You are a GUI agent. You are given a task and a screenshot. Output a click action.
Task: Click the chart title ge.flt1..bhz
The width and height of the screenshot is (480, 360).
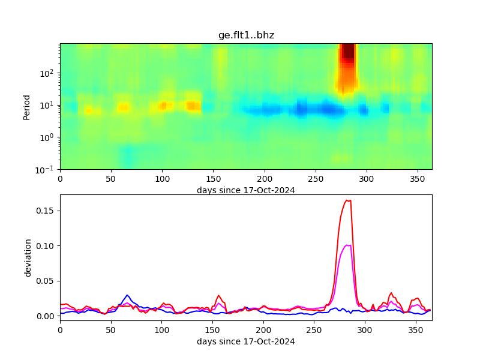(x=246, y=35)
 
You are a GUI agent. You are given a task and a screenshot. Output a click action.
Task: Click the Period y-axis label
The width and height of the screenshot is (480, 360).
(x=26, y=107)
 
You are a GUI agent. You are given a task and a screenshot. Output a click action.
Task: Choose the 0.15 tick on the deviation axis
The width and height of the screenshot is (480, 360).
(x=47, y=211)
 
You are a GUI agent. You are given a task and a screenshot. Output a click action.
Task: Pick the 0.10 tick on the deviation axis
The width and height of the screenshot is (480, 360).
(x=47, y=245)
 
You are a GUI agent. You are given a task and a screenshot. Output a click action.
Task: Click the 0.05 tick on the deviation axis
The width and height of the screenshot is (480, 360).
(x=47, y=281)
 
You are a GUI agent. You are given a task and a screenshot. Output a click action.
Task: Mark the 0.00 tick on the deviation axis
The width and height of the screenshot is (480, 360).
(x=47, y=316)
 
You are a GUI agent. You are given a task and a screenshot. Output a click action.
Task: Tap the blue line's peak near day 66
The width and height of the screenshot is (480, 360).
(x=127, y=295)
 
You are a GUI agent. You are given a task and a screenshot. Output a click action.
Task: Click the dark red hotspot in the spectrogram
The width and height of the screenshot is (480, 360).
(x=347, y=53)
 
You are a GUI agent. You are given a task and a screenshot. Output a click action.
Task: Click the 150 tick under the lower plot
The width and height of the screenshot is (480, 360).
(x=212, y=330)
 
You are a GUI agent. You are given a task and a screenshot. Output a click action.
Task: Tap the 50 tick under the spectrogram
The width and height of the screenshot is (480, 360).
(x=111, y=179)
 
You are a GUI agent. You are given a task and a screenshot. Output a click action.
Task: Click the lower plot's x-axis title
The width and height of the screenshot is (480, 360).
(x=246, y=341)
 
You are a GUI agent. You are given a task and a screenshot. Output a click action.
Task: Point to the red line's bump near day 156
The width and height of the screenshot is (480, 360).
(x=219, y=296)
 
